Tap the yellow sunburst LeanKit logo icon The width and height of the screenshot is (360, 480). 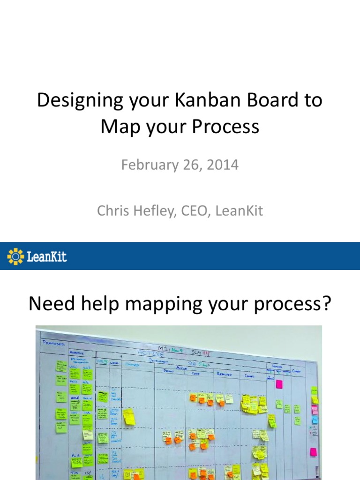[15, 256]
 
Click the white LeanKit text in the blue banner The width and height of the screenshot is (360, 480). [46, 256]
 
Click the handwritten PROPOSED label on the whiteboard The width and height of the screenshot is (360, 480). [53, 343]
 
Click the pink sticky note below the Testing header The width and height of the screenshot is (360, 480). [279, 384]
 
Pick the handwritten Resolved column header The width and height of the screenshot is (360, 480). [225, 374]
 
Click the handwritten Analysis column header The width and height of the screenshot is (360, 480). [76, 352]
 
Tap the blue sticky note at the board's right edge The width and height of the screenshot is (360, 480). [315, 419]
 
